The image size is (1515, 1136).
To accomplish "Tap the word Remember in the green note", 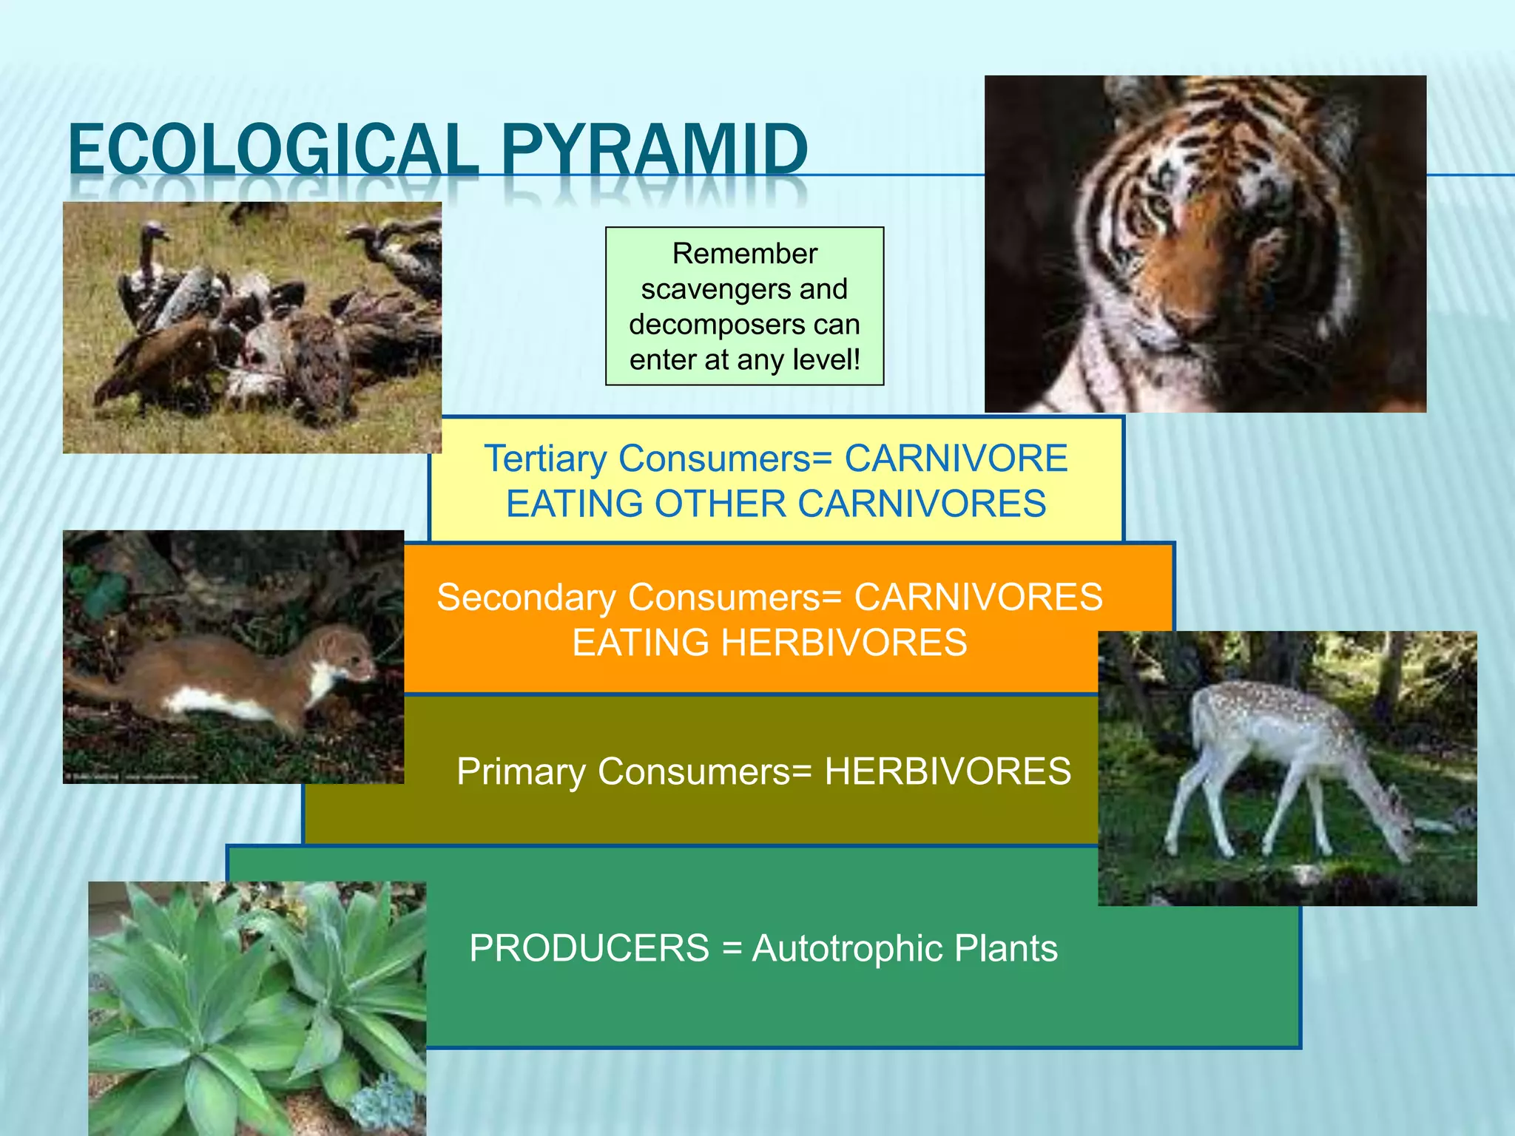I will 744,254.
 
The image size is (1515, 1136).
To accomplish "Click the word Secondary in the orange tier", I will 526,598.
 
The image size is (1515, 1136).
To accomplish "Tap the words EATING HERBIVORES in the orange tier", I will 769,643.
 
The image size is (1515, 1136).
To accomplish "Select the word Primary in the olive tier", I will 521,772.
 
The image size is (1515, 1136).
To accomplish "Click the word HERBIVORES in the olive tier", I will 948,772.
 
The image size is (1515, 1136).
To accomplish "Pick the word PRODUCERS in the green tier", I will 589,949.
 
